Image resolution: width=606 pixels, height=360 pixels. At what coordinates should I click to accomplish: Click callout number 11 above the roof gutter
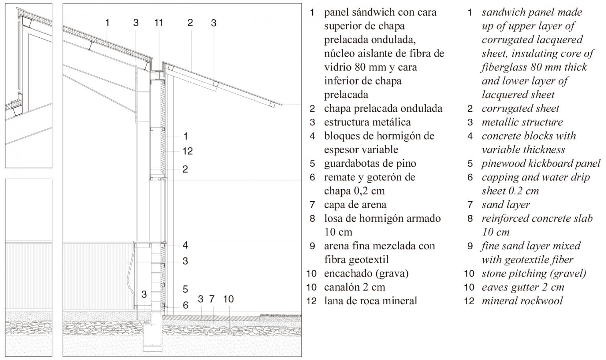point(159,23)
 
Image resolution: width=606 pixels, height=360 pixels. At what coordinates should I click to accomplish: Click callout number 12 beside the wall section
point(188,151)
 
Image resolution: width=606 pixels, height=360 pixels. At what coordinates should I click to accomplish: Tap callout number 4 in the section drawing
point(185,245)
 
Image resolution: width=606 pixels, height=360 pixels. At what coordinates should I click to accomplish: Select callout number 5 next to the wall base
point(185,289)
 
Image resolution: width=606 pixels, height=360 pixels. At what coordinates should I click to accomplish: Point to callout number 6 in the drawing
point(185,305)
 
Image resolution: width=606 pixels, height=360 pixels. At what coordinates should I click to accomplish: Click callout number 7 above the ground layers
point(212,299)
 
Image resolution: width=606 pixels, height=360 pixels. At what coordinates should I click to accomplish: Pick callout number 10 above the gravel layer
point(228,299)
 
